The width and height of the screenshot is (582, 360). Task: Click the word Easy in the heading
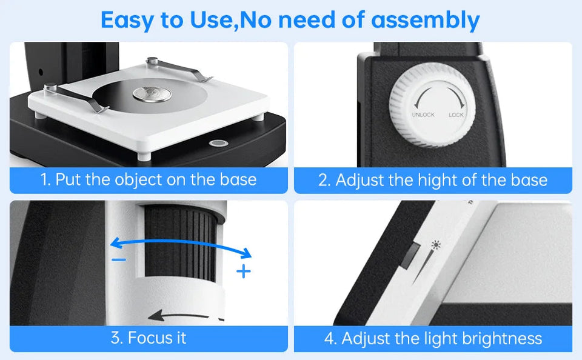tap(127, 20)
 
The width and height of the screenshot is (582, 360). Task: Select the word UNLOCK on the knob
tap(423, 115)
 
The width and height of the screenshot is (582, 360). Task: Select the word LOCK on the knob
tap(456, 115)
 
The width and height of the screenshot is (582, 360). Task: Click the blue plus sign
tap(243, 271)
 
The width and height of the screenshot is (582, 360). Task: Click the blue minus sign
tap(119, 259)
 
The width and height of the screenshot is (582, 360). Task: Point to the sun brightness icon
tap(434, 245)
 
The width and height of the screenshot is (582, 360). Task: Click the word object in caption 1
tap(138, 180)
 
